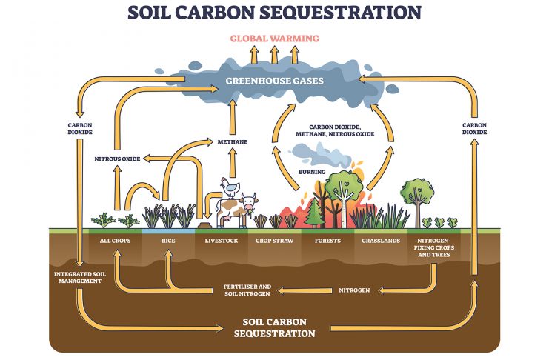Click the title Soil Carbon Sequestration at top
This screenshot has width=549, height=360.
pos(274,12)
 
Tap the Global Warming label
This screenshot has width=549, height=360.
pos(273,38)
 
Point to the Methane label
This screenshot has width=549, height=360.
pos(232,141)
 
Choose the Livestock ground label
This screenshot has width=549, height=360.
pos(221,241)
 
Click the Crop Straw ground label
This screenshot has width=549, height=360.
pos(274,241)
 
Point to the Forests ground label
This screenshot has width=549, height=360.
pos(327,241)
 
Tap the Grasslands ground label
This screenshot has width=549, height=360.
pos(381,241)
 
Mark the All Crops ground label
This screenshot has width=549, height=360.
pos(115,241)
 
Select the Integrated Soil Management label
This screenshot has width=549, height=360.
pos(77,277)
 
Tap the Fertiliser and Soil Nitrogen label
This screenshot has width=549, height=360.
pos(247,289)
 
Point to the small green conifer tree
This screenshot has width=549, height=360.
pos(313,213)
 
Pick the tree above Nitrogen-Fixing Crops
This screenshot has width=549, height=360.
pos(418,193)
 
